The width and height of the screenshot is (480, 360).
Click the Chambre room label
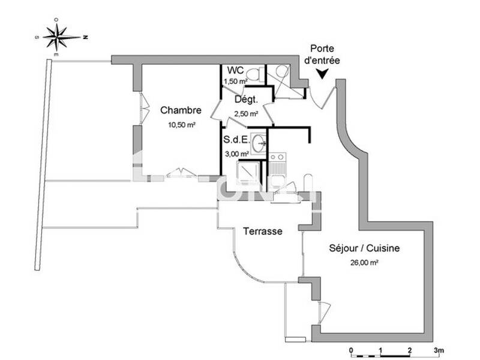click(x=180, y=110)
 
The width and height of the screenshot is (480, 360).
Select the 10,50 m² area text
click(x=181, y=125)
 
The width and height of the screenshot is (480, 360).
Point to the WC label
click(x=235, y=70)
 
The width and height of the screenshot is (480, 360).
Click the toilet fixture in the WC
click(x=254, y=74)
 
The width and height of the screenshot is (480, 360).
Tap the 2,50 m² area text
click(x=246, y=113)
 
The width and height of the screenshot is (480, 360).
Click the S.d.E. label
click(x=236, y=141)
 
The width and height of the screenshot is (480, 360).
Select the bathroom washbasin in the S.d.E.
click(x=260, y=143)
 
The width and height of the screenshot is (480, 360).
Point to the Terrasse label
click(x=262, y=231)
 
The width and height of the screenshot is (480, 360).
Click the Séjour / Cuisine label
click(x=364, y=248)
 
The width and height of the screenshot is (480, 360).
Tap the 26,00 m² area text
click(x=365, y=262)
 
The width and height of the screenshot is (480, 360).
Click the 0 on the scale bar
click(x=351, y=350)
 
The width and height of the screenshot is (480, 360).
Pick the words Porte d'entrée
click(x=322, y=54)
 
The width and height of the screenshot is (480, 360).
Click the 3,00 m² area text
click(x=236, y=154)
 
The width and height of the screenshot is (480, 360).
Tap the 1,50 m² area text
click(x=235, y=81)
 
